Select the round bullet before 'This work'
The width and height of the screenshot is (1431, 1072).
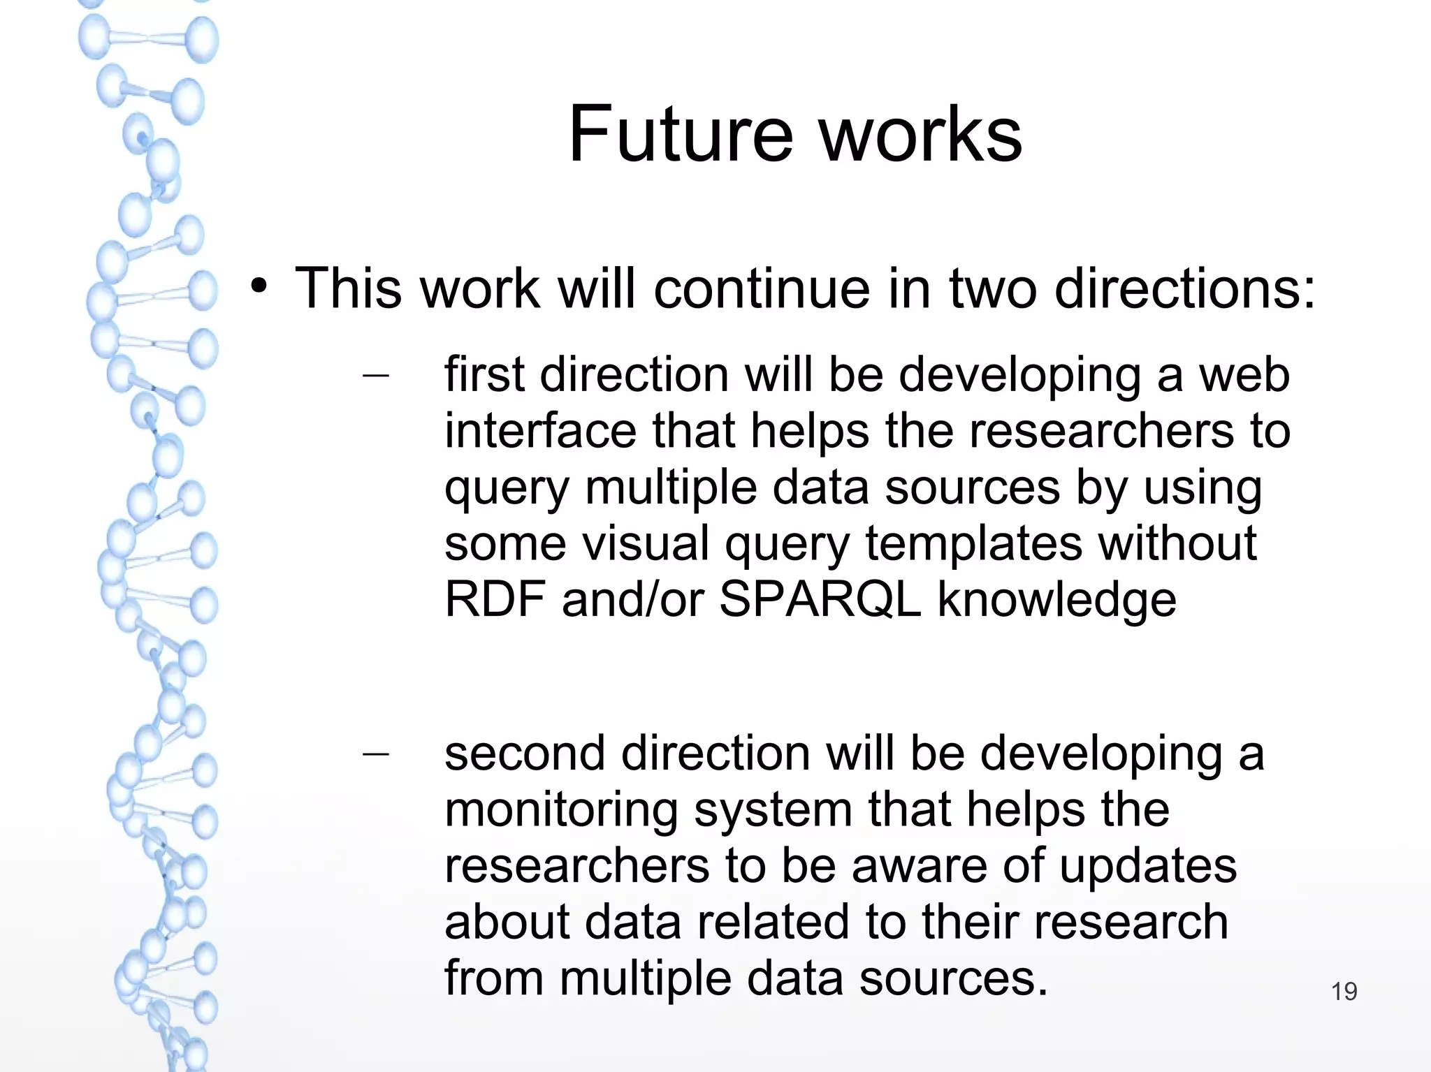click(259, 287)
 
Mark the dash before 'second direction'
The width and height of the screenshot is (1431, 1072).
click(376, 754)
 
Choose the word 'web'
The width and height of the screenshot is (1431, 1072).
click(1244, 375)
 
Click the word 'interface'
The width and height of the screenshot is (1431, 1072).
click(540, 431)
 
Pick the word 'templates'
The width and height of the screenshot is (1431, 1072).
click(974, 543)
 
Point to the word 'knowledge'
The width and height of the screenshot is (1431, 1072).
click(1056, 601)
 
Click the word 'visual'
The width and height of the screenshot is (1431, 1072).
click(646, 543)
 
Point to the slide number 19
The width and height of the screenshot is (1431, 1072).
click(1344, 992)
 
